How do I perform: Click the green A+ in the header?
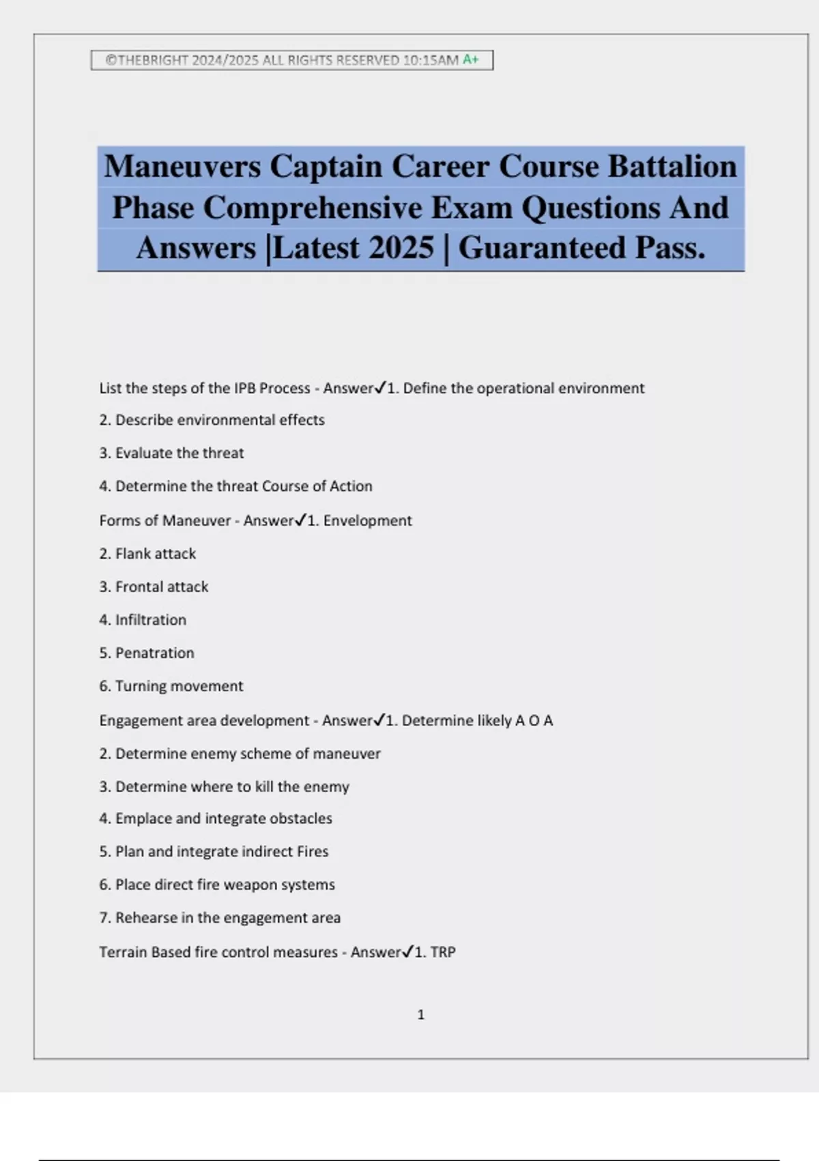point(470,59)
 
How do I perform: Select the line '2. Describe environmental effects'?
point(212,420)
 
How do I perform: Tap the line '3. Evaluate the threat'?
point(171,453)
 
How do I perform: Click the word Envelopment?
point(367,520)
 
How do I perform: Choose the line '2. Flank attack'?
point(147,553)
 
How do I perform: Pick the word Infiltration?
point(150,619)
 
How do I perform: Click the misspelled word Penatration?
point(154,653)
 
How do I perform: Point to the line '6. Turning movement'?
point(171,686)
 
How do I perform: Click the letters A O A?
point(534,721)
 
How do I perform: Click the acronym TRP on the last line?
point(443,952)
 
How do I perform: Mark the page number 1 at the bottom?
point(420,1015)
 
